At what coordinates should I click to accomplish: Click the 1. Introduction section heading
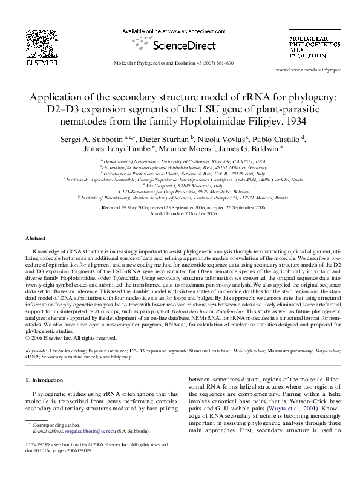(46, 380)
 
